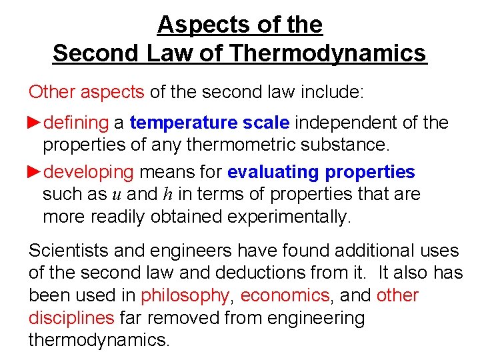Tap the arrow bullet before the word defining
tap(35, 123)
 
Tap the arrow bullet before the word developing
tap(35, 171)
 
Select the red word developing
tap(89, 172)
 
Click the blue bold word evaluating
tap(273, 172)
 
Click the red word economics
tap(285, 295)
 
